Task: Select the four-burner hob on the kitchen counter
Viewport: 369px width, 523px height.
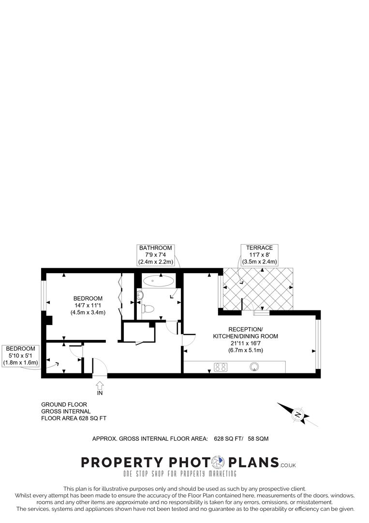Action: click(x=221, y=367)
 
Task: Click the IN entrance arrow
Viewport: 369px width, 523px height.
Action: click(x=100, y=385)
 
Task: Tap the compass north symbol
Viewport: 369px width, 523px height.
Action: click(x=298, y=415)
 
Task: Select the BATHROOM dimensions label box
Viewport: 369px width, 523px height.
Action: click(x=155, y=255)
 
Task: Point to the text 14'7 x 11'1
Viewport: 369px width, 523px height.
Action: click(x=88, y=305)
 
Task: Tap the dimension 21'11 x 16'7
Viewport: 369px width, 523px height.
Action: click(x=245, y=343)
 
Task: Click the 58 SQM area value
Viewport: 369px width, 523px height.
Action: click(x=258, y=439)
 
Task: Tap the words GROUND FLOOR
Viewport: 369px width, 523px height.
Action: click(x=64, y=404)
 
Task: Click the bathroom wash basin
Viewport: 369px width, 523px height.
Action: click(x=140, y=293)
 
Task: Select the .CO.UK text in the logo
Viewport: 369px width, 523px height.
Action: click(x=288, y=465)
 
